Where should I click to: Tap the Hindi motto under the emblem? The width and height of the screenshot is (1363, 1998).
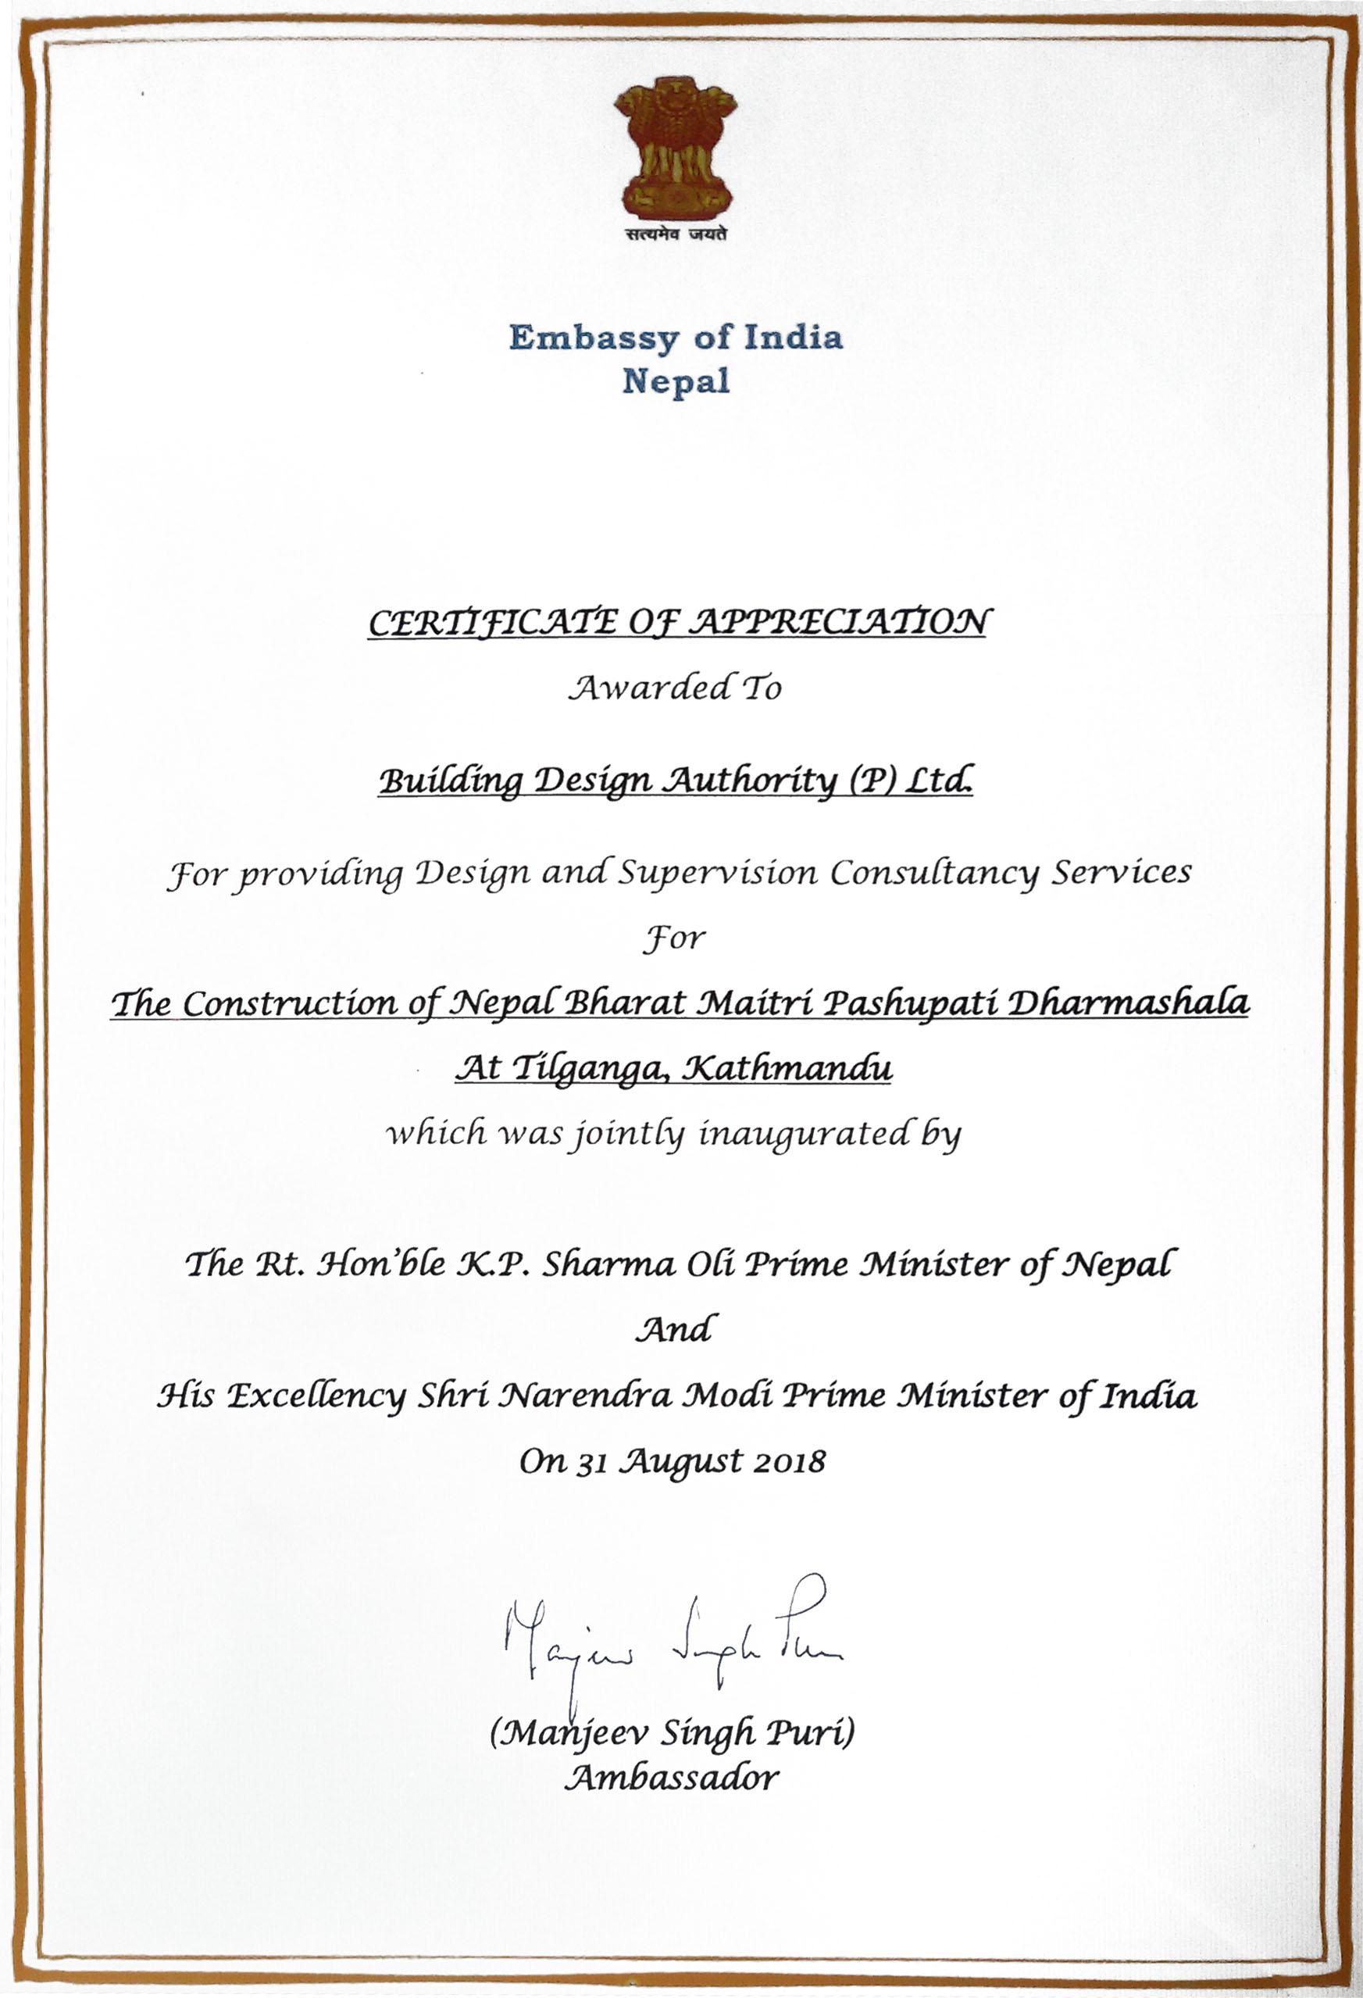coord(675,233)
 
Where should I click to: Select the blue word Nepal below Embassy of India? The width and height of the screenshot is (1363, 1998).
coord(676,380)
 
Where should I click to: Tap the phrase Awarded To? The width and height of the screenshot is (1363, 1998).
coord(678,688)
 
